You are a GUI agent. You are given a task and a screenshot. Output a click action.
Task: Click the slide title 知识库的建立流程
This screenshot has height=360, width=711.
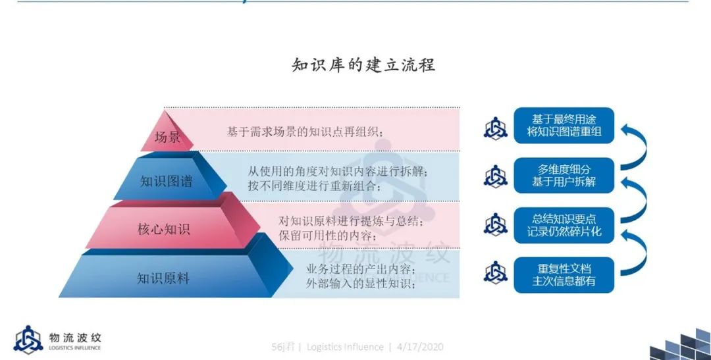pyautogui.click(x=363, y=65)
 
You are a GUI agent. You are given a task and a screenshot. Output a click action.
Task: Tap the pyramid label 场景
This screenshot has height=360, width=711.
pyautogui.click(x=167, y=137)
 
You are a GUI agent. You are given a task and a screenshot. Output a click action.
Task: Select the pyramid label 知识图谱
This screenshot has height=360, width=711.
pyautogui.click(x=167, y=182)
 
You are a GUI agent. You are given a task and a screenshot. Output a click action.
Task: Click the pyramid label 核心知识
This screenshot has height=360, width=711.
pyautogui.click(x=164, y=229)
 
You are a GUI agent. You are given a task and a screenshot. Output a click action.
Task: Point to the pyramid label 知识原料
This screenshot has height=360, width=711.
pyautogui.click(x=163, y=278)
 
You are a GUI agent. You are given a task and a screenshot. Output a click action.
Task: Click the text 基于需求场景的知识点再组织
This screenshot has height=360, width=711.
pyautogui.click(x=305, y=132)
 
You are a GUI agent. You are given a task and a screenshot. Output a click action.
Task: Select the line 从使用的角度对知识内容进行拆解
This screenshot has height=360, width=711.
pyautogui.click(x=338, y=171)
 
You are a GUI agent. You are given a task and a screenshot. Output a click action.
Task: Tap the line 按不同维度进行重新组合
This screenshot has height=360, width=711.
pyautogui.click(x=314, y=186)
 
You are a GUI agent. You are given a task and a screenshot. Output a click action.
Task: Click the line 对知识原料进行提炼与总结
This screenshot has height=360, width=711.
pyautogui.click(x=352, y=221)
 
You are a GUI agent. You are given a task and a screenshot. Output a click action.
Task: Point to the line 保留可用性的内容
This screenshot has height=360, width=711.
pyautogui.click(x=327, y=236)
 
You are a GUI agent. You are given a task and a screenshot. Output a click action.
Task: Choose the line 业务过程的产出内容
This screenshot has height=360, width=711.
pyautogui.click(x=361, y=269)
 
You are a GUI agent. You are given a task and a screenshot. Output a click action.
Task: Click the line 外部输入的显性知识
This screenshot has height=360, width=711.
pyautogui.click(x=361, y=284)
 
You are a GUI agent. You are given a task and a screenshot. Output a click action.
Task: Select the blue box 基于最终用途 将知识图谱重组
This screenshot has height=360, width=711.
pyautogui.click(x=564, y=126)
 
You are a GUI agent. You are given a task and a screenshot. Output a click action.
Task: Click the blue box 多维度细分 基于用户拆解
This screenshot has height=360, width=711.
pyautogui.click(x=564, y=176)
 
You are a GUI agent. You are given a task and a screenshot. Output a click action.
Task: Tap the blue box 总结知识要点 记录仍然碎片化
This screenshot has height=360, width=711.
pyautogui.click(x=564, y=225)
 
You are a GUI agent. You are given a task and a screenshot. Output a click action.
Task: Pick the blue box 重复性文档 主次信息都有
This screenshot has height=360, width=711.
pyautogui.click(x=564, y=274)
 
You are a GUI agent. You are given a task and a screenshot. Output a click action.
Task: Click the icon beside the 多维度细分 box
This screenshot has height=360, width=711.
pyautogui.click(x=495, y=176)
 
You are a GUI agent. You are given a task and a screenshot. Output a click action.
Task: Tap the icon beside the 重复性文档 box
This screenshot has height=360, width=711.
pyautogui.click(x=495, y=273)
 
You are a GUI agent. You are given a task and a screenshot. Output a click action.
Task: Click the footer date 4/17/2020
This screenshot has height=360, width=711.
pyautogui.click(x=420, y=347)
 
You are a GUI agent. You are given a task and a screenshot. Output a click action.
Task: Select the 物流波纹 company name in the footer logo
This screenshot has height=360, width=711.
pyautogui.click(x=75, y=338)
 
